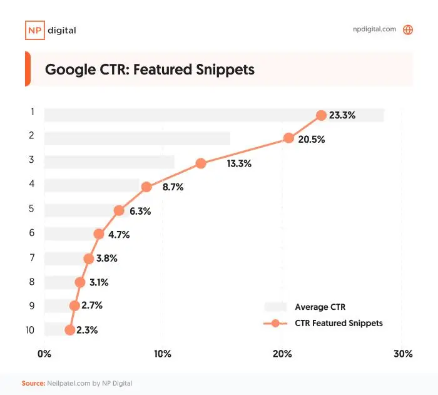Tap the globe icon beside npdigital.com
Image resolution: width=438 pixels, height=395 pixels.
coord(408,29)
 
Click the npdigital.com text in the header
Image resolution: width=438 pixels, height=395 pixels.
coord(375,29)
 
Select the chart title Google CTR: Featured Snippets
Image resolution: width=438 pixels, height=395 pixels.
coord(150,69)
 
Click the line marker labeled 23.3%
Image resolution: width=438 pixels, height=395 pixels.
coord(321,115)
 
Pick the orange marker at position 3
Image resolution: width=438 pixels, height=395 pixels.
coord(201,163)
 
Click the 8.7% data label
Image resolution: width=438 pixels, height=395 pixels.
coord(169,187)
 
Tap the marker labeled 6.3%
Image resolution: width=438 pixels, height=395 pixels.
coord(119,211)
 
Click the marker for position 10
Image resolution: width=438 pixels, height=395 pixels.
coord(69,330)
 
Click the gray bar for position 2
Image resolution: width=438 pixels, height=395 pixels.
coord(137,139)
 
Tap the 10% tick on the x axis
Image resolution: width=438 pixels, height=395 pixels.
coord(163,354)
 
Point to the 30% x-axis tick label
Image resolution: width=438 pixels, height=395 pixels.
coord(403,354)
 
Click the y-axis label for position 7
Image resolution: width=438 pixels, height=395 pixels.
coord(31,257)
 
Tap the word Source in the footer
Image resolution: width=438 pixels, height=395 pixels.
coord(33,383)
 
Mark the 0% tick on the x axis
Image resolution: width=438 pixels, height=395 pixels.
coord(44,354)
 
